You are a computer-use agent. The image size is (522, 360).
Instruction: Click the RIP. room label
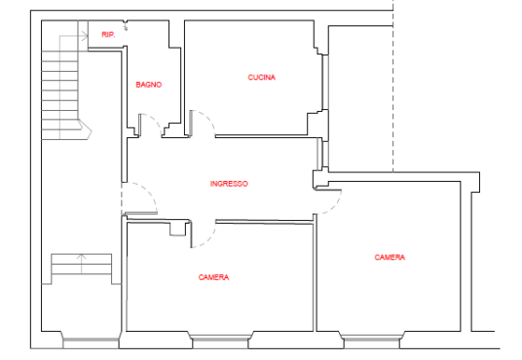point(108,34)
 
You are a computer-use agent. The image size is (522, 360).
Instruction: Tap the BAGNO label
point(149,85)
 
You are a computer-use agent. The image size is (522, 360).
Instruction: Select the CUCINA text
point(262,77)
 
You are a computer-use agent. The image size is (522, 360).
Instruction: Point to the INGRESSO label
point(229,184)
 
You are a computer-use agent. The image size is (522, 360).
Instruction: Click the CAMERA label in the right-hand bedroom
point(390,257)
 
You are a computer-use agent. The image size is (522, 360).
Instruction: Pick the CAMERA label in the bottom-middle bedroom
point(213,277)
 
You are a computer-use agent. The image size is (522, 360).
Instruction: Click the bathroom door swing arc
point(156,121)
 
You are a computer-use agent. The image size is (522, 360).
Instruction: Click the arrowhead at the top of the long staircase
point(84,36)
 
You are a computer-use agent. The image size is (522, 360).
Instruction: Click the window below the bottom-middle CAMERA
point(221,342)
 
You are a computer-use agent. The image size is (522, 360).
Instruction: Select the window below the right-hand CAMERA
point(372,342)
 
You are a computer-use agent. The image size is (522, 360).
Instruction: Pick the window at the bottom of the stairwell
point(91,342)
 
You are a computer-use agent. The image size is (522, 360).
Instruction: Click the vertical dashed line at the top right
point(393,87)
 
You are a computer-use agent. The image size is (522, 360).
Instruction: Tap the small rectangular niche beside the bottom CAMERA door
point(178,229)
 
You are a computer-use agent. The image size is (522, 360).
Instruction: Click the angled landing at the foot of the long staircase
point(85,129)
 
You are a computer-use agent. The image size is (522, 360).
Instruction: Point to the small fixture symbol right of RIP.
point(126,25)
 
